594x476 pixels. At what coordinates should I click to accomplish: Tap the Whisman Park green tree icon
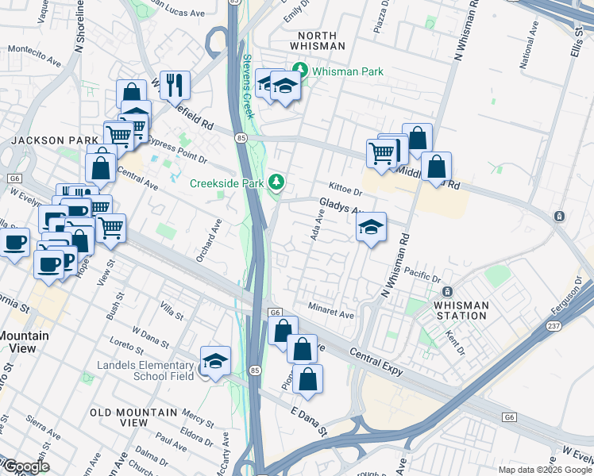[301, 71]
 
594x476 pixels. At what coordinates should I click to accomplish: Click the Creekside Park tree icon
[276, 182]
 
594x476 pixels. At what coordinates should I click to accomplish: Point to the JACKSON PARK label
[43, 140]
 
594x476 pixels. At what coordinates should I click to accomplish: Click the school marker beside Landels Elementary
[214, 361]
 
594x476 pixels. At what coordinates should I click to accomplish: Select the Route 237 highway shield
[554, 326]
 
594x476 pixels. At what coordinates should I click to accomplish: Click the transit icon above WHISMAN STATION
[446, 292]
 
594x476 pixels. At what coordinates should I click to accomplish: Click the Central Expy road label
[377, 359]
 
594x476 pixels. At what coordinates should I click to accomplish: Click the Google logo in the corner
[25, 466]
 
